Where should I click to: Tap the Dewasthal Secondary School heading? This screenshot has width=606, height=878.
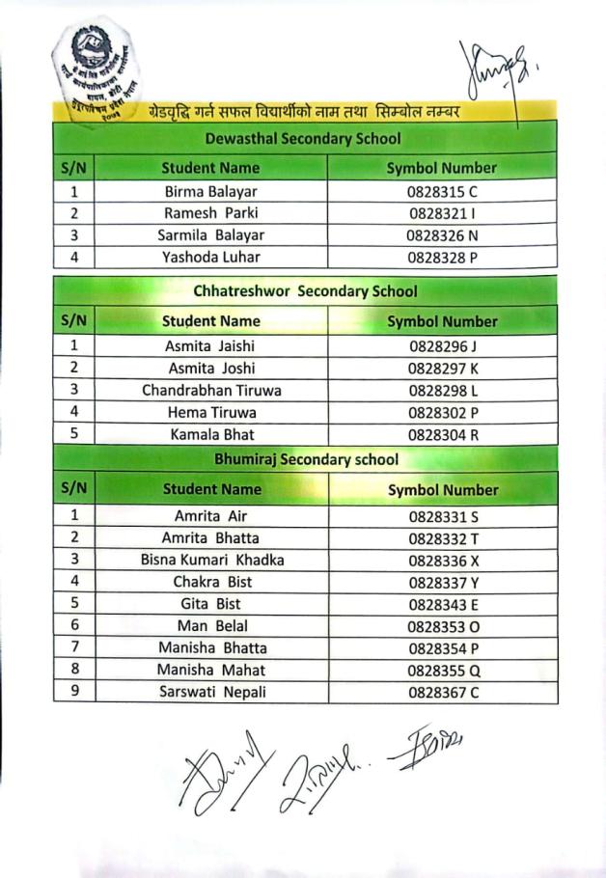tap(303, 138)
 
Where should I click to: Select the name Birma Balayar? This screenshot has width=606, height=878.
tap(211, 191)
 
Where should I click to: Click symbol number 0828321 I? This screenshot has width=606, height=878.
tap(442, 213)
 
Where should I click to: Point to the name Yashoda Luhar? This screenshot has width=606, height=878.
tap(211, 257)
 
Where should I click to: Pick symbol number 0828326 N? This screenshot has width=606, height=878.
tap(442, 234)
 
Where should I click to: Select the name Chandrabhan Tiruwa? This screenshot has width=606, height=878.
tap(211, 390)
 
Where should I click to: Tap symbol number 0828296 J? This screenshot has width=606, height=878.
tap(443, 345)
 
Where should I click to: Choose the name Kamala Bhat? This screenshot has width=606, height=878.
tap(212, 434)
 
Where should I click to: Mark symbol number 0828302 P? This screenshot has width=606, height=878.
tap(443, 412)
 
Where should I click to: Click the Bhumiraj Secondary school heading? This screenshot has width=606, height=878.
tap(307, 459)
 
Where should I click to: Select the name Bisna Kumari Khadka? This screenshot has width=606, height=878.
tap(212, 560)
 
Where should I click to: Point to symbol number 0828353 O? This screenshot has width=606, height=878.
tap(443, 626)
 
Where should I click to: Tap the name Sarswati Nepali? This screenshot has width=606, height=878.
tap(212, 692)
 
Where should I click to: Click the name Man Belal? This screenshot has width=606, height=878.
tap(212, 625)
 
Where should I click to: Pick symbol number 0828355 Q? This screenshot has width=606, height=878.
tap(443, 670)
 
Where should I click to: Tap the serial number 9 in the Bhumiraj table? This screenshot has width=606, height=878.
tap(74, 691)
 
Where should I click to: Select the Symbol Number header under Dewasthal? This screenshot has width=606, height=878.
tap(441, 167)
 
